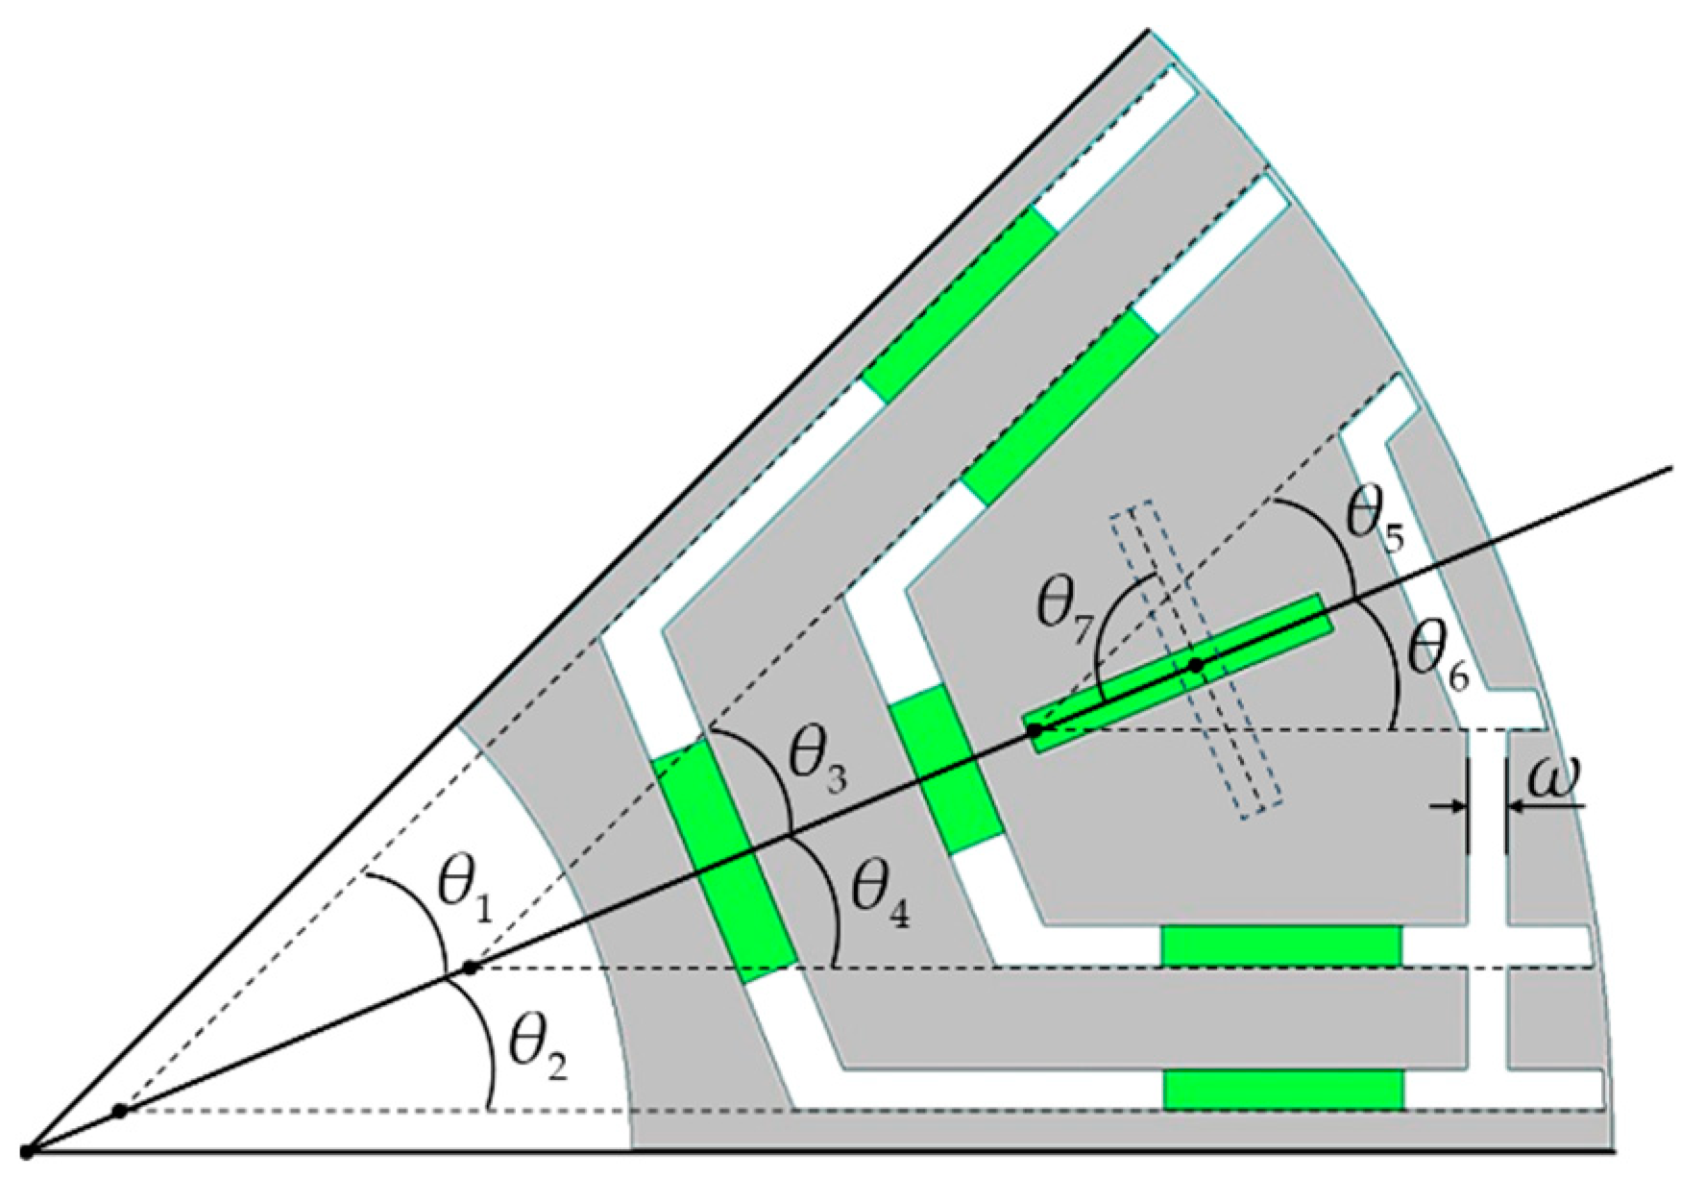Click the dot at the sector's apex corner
[27, 1150]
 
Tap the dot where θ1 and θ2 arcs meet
[470, 968]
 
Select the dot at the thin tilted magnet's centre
[1196, 664]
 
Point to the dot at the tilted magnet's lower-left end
[1035, 731]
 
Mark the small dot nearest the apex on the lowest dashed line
[119, 1111]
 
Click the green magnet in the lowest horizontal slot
[1283, 1090]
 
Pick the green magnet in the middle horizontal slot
[1281, 946]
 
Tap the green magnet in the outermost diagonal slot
[961, 302]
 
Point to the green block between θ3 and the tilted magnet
[949, 769]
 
